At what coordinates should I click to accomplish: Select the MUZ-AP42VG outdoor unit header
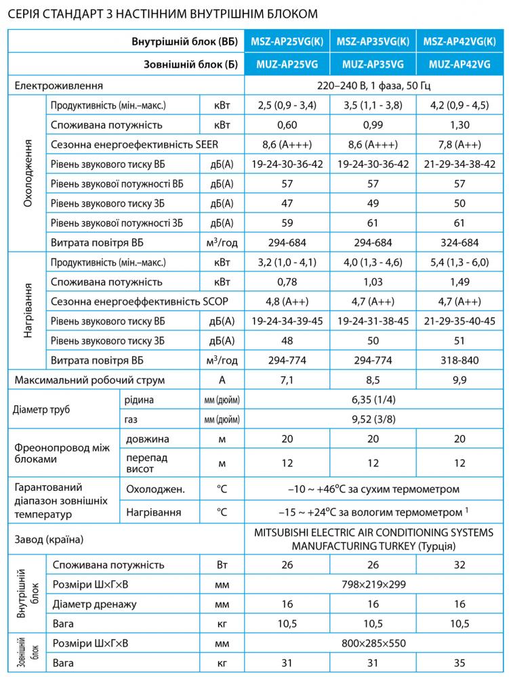460,64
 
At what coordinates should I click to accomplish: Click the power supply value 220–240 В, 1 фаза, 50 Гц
373,86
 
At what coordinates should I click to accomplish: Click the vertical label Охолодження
26,175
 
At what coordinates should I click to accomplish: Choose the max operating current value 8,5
373,380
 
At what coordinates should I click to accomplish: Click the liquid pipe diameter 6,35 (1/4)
373,400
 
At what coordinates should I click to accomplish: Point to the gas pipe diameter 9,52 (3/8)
373,420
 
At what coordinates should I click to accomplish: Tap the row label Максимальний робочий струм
89,380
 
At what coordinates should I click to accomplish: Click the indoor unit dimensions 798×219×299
373,584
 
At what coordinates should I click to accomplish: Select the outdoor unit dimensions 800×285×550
373,643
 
